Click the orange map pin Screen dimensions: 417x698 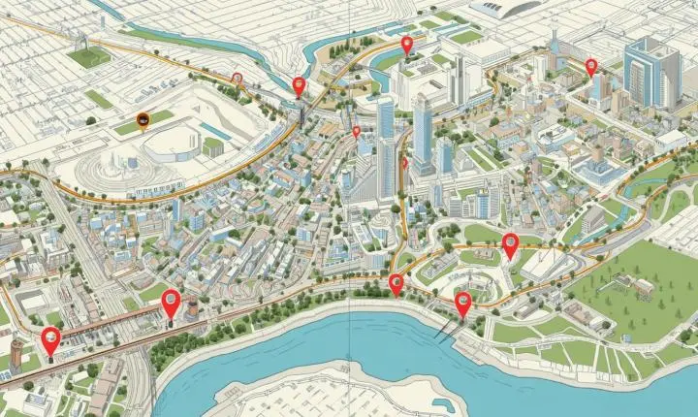[x=143, y=120]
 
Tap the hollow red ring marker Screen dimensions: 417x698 [x=238, y=77]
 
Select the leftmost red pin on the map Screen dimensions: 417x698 [x=50, y=340]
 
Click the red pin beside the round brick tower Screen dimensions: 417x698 [x=172, y=303]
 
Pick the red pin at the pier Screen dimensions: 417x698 [x=463, y=305]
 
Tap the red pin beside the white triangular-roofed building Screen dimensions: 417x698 [x=510, y=245]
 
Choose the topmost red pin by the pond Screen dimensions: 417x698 [x=407, y=44]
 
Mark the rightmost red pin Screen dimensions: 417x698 [x=590, y=66]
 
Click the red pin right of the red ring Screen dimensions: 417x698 [x=299, y=86]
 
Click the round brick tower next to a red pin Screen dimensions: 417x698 [x=192, y=309]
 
